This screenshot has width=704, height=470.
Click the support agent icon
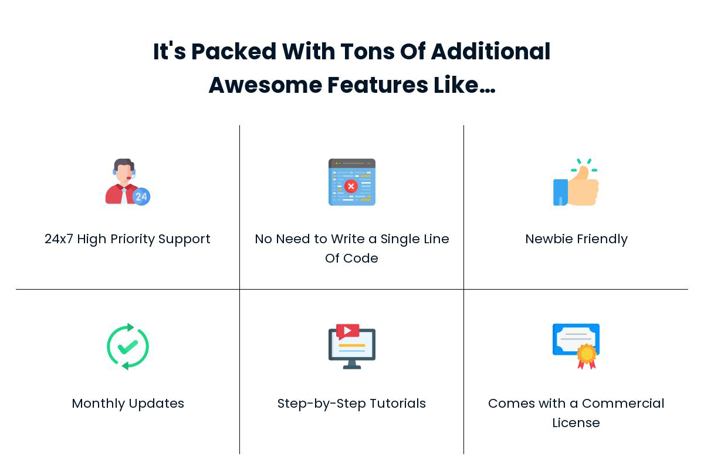tap(128, 182)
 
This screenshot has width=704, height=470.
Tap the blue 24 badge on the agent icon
tap(141, 196)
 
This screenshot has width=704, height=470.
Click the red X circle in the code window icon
tap(351, 186)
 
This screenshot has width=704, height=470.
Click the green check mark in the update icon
tap(128, 347)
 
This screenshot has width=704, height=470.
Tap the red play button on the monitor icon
tap(347, 331)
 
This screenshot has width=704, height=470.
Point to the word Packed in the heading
tap(234, 51)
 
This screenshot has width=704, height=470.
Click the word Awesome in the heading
tap(266, 85)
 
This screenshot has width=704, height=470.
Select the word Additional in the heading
tap(490, 51)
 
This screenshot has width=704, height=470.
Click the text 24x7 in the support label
tap(59, 239)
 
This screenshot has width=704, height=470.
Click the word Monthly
tap(99, 404)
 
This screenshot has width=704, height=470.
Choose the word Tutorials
tap(398, 404)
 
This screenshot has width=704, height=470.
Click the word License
tap(576, 423)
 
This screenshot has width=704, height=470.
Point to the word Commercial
tap(623, 404)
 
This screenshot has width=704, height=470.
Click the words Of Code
tap(351, 258)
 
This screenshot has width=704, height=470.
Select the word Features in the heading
tap(378, 85)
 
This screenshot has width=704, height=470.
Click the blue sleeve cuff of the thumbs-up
tap(560, 192)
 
